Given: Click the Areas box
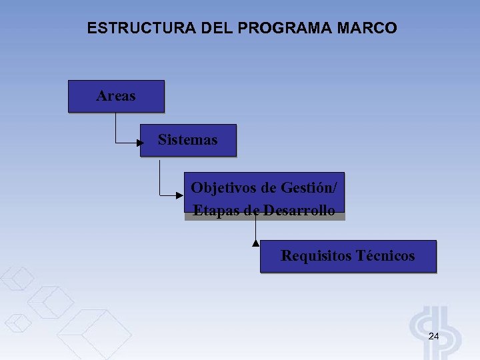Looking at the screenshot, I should click(116, 96).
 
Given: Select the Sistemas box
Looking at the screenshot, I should click(187, 140).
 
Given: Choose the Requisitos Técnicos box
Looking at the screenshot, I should click(347, 256).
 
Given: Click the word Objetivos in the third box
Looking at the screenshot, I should click(223, 187).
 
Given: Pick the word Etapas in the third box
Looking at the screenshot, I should click(215, 211).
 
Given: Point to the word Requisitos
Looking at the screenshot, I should click(316, 256).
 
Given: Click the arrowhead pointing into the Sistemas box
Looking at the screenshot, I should click(139, 143).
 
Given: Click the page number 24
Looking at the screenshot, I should click(433, 336).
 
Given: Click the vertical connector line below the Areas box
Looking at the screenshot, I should click(116, 127).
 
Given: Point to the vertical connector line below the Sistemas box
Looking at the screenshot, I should click(160, 175).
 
